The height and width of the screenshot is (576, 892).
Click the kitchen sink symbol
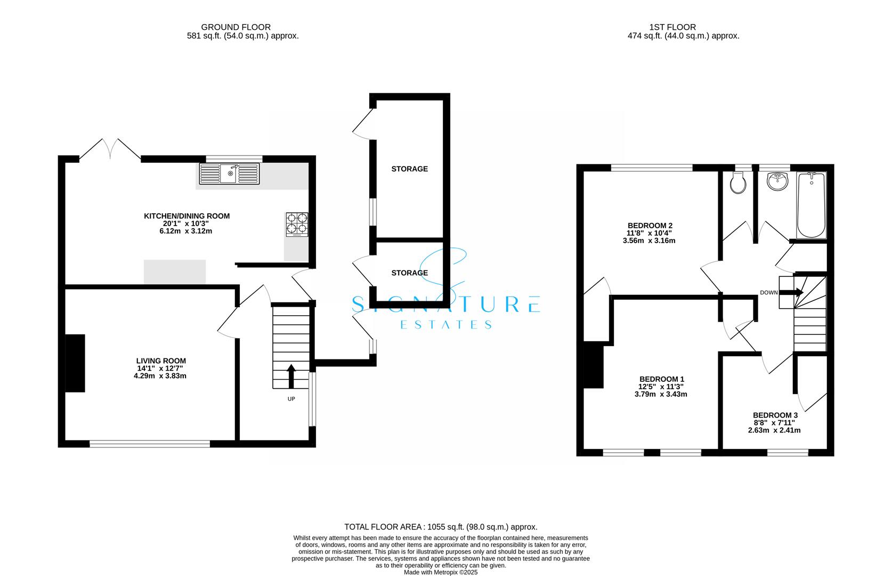point(229,174)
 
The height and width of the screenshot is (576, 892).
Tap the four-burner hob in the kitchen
point(297,224)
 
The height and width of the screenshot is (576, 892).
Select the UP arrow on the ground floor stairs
point(291,377)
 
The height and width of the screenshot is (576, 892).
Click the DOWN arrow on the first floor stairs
point(798,292)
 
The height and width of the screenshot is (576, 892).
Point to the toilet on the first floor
point(738,183)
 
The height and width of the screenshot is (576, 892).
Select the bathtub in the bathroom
point(811,205)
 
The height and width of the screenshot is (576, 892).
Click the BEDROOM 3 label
point(775,415)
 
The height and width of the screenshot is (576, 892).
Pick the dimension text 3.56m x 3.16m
point(648,241)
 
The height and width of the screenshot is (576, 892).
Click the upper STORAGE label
point(409,169)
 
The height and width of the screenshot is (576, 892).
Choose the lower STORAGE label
point(409,273)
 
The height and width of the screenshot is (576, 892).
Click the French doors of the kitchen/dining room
point(110,149)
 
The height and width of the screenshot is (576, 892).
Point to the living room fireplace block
point(75,363)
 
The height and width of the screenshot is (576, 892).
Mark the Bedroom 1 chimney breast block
point(593,366)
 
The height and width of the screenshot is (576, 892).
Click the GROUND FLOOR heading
point(236,27)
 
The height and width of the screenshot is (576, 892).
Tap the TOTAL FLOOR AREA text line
point(441,527)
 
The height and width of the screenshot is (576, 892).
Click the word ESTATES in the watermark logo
point(445,325)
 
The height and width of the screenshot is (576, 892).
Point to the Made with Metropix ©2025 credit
point(441,572)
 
